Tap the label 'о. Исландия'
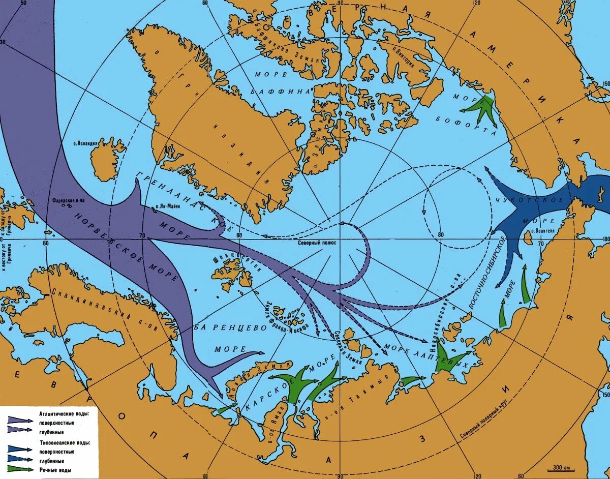coord(85,144)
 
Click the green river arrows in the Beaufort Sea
coord(483,109)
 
